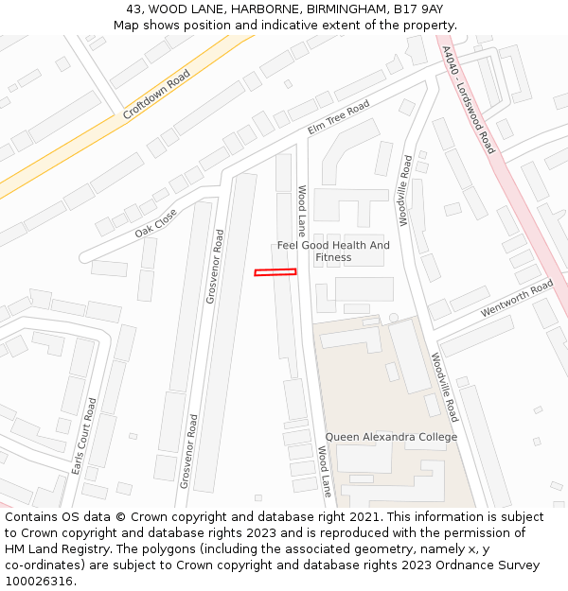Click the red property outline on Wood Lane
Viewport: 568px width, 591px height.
(275, 272)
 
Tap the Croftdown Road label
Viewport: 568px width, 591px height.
(156, 95)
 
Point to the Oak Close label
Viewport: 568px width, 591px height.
(155, 223)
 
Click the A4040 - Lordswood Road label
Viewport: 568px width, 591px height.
(469, 99)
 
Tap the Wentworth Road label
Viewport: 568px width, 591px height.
(517, 298)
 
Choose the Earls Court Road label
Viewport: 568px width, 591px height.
(85, 436)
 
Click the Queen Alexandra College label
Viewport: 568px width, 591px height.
(391, 437)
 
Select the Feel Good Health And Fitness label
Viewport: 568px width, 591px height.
(333, 251)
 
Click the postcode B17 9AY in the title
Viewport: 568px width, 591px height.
(420, 9)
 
